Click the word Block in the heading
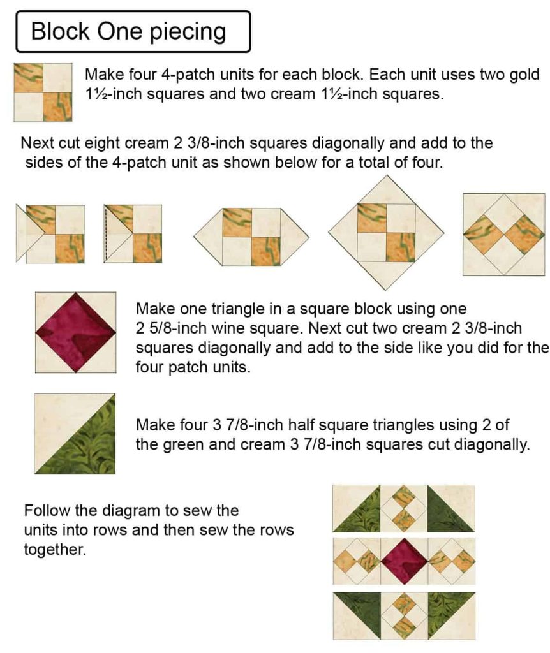coord(60,31)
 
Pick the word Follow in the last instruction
coord(48,510)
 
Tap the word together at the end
coord(55,550)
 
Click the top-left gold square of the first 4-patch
coord(28,78)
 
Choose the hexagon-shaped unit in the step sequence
coord(251,237)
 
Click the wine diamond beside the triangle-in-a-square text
coord(75,332)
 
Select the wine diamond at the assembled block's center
coord(404,561)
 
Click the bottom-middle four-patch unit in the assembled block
coord(404,616)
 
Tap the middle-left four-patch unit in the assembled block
coord(357,561)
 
